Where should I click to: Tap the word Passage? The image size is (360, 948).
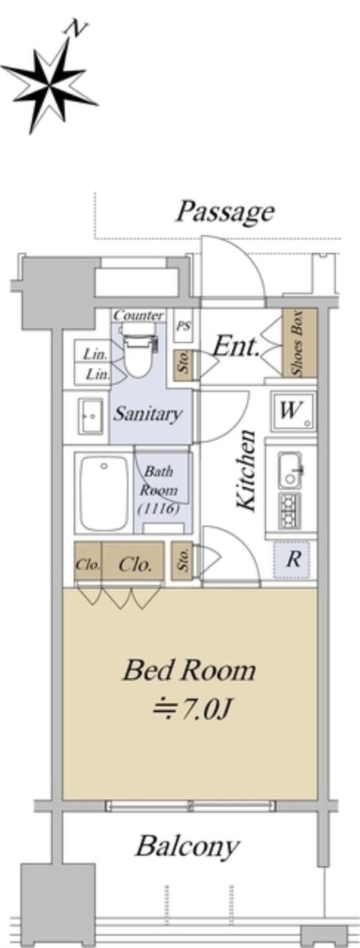click(225, 211)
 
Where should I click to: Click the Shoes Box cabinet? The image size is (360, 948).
click(300, 343)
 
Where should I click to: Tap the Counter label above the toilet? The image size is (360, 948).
click(138, 315)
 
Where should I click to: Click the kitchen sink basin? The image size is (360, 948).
click(290, 469)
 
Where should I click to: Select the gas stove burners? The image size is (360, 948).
click(289, 510)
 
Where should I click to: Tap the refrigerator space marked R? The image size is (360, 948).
click(292, 560)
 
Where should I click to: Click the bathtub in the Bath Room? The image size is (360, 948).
click(104, 493)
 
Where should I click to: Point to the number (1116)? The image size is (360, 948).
click(159, 508)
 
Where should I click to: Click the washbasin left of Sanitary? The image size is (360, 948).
click(91, 416)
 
